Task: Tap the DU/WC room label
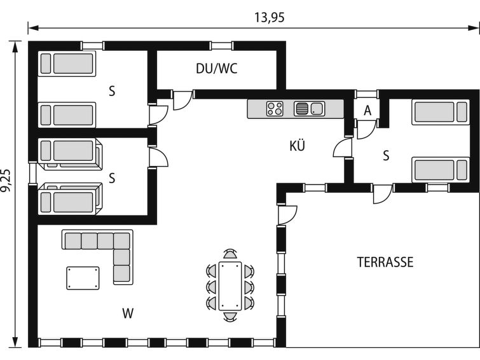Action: pos(216,69)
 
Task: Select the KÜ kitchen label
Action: pos(297,146)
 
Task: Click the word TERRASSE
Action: pos(385,262)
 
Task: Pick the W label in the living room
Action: pos(128,313)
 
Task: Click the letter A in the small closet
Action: pos(367,110)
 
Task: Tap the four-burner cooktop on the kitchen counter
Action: pos(275,109)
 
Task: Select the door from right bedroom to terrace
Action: pos(382,195)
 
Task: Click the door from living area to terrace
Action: pos(286,214)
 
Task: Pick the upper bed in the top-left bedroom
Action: pos(67,64)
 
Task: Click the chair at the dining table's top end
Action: pos(230,254)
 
